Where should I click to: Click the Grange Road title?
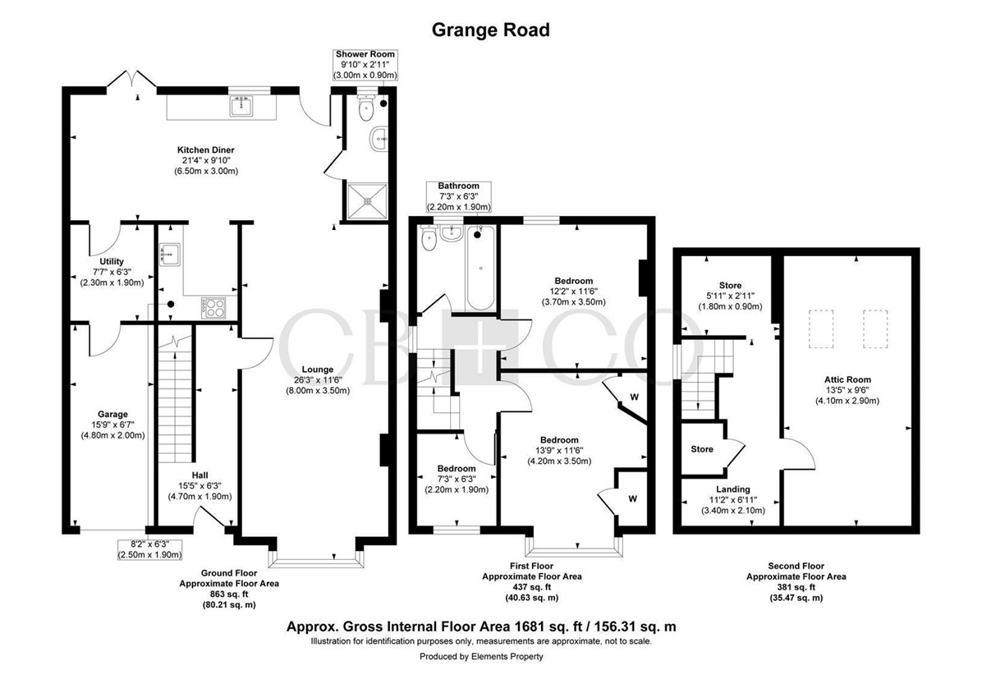491,30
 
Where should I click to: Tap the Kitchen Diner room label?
206,150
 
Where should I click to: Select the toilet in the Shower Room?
366,108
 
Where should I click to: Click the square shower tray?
368,201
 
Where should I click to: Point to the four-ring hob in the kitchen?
214,308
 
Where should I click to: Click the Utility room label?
112,262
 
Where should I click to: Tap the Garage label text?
112,414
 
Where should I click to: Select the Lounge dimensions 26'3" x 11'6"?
318,380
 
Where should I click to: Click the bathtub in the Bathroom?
480,268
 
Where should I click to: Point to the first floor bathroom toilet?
429,238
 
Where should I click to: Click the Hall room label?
200,475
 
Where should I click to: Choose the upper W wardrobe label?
635,397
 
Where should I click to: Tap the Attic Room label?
847,379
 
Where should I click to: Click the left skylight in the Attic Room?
821,328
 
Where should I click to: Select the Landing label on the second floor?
733,489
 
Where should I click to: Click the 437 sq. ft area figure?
532,587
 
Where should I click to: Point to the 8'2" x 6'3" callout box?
149,549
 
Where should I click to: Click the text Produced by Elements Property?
481,657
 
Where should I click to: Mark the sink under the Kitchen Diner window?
241,106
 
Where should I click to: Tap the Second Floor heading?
796,566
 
